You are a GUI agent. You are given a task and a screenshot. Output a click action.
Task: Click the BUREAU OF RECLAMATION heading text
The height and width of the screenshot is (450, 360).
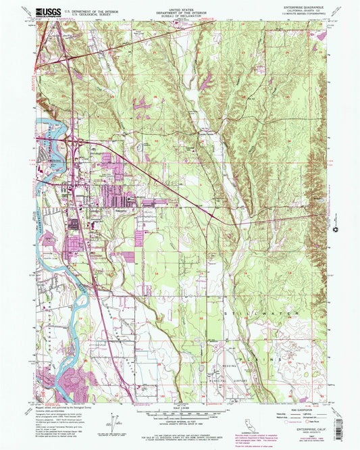coord(180,16)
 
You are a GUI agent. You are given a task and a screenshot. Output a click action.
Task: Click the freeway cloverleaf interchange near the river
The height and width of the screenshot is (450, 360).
coord(73,142)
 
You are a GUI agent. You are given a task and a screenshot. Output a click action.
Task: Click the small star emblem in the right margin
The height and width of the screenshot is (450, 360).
coord(336,232)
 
